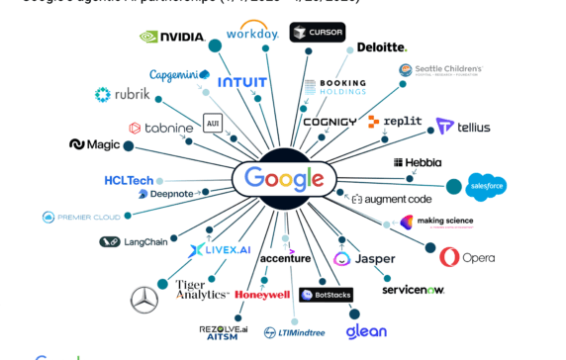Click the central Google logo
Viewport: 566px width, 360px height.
click(x=284, y=179)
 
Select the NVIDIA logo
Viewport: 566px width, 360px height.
click(x=170, y=38)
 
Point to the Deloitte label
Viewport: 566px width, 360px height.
click(x=381, y=46)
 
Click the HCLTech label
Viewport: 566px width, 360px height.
click(x=129, y=181)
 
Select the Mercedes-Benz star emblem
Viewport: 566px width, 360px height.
click(x=144, y=298)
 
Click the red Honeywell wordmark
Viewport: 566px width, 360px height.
click(x=262, y=295)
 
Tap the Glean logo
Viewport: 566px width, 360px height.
click(x=365, y=331)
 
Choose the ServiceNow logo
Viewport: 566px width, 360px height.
click(x=413, y=289)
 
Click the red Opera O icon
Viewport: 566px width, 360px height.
click(x=449, y=257)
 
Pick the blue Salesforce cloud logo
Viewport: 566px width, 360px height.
click(x=488, y=186)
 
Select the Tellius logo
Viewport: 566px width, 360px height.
click(x=463, y=127)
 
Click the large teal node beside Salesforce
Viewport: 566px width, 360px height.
click(x=454, y=184)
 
